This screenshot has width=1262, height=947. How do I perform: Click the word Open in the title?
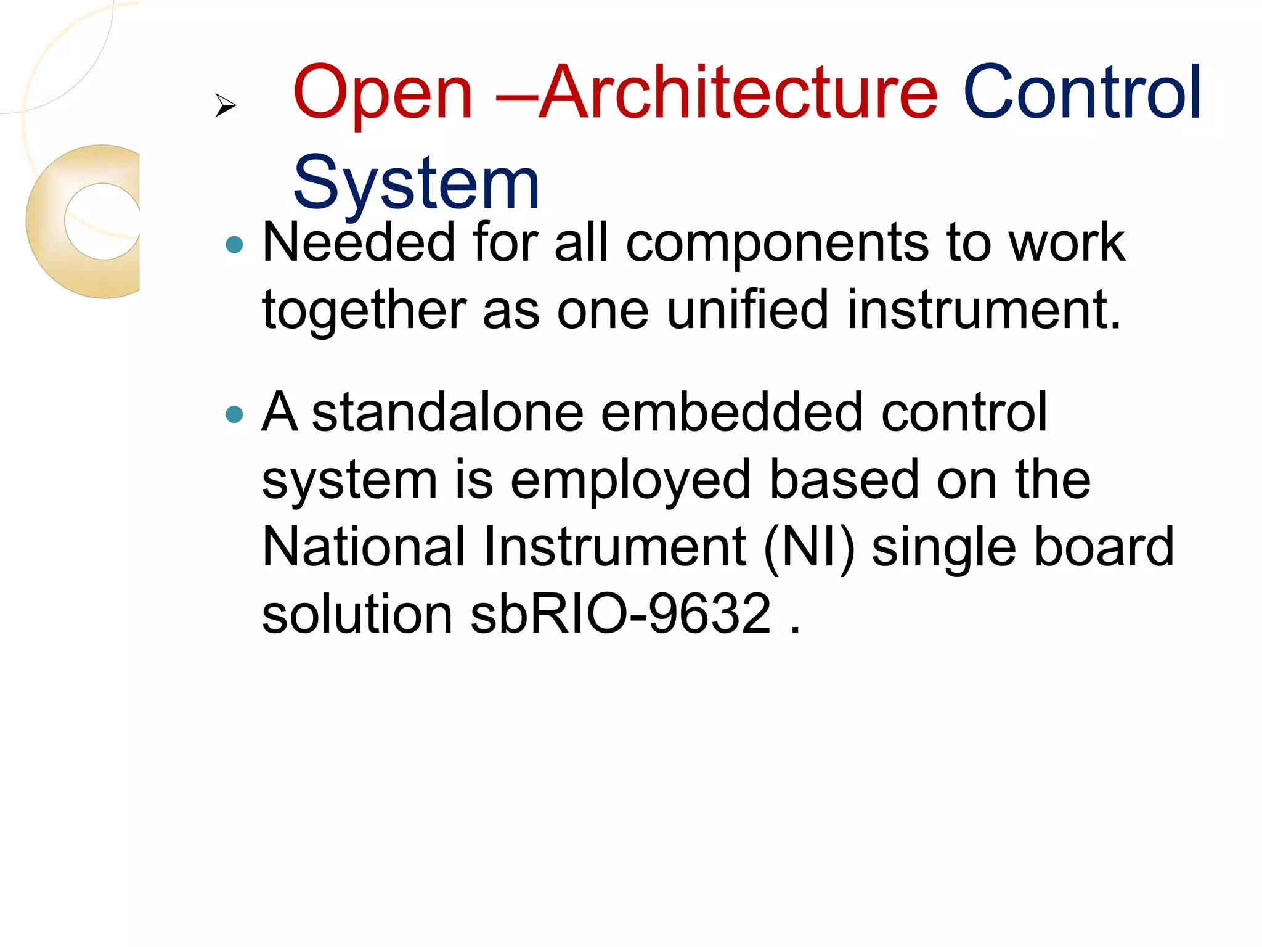point(382,94)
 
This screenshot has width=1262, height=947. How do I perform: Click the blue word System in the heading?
point(416,184)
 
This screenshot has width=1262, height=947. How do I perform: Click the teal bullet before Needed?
point(235,245)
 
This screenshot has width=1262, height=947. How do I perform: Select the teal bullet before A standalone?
point(235,414)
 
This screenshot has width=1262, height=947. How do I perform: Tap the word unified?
point(747,310)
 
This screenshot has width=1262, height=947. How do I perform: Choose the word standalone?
point(447,412)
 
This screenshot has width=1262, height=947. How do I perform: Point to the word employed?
point(630,481)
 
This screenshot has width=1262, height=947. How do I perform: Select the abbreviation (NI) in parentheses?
point(808,547)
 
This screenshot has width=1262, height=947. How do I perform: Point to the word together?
point(364,310)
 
